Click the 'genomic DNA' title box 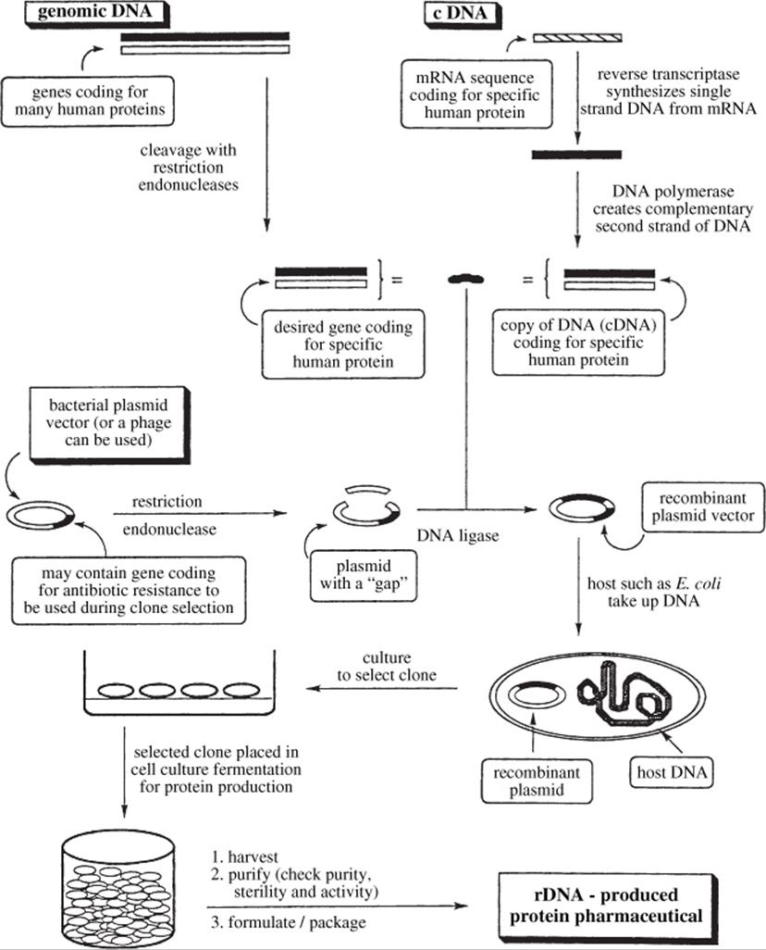95,13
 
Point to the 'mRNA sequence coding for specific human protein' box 476,94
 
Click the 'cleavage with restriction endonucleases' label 189,168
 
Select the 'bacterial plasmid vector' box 109,424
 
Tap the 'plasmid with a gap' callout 364,576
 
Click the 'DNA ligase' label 458,535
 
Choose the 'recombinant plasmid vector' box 703,507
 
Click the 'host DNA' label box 672,772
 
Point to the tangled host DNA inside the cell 624,694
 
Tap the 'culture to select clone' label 387,667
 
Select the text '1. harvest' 244,856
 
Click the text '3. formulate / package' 289,922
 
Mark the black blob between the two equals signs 465,279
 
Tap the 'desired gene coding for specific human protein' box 343,344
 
